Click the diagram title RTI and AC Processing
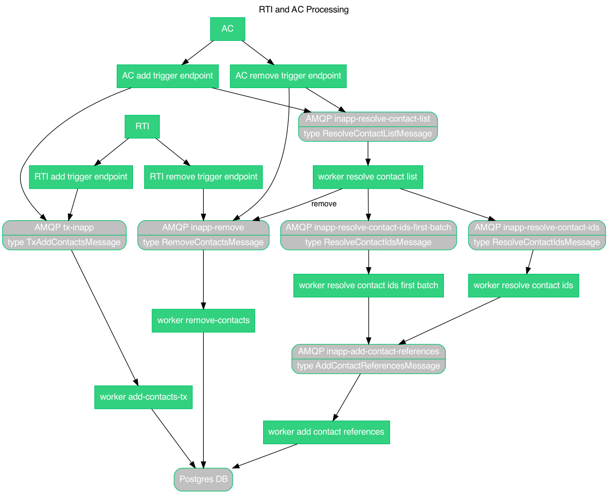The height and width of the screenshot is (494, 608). point(303,10)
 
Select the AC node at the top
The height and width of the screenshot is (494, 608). point(228,29)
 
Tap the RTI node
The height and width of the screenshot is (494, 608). point(142,126)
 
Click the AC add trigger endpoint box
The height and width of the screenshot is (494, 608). point(167,76)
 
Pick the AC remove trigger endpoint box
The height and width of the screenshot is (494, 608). point(288,76)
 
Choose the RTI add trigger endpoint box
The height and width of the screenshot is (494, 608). point(81,177)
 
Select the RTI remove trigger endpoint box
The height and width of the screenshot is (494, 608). point(203,177)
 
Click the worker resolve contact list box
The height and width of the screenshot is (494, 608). point(367,177)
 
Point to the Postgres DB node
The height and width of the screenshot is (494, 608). point(203,479)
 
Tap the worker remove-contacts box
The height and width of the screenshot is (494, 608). point(203,320)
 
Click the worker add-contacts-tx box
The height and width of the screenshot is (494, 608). point(144,397)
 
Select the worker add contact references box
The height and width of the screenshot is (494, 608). point(326,432)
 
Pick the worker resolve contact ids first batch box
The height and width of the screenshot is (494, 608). point(368,285)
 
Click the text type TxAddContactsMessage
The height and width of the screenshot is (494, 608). point(64,242)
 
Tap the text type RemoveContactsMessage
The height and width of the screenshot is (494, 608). point(203,242)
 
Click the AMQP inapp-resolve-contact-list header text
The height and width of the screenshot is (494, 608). point(368,119)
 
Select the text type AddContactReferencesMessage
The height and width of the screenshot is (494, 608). point(368,366)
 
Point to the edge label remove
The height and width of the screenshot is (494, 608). point(324,204)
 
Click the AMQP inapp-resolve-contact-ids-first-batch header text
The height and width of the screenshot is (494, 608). point(368,227)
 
